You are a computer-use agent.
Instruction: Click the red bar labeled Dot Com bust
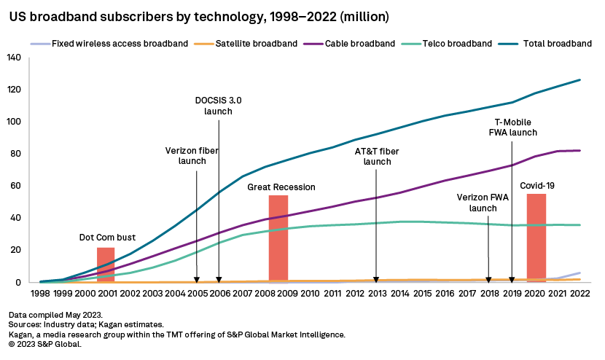click(106, 265)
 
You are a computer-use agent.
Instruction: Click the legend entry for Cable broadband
click(353, 44)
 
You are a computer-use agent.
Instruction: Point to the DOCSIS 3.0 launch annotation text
click(219, 106)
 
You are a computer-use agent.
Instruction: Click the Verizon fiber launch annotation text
click(192, 154)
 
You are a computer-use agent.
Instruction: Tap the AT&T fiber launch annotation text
click(378, 156)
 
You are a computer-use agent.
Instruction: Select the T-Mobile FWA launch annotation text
click(512, 128)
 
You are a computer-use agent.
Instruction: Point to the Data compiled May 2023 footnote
click(54, 314)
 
